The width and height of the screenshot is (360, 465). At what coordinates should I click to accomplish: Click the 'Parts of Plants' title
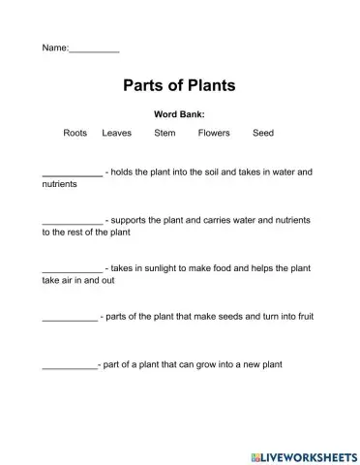tap(180, 86)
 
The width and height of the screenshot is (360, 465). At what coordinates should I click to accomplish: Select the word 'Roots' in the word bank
tap(75, 133)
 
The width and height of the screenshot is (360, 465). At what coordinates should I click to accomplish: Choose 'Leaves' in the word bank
tap(116, 133)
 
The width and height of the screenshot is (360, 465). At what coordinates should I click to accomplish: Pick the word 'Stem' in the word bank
tap(165, 133)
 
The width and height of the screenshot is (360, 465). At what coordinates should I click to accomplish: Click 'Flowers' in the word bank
tap(213, 133)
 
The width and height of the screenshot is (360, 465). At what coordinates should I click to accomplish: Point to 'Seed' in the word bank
tap(263, 133)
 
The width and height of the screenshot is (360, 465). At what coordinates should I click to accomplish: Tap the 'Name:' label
tap(55, 47)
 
